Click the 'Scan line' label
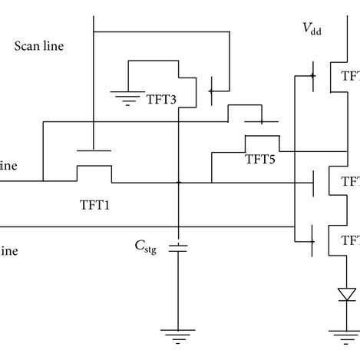coord(39,45)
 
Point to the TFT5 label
coord(260,160)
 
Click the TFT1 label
coord(97,205)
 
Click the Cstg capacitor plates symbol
coord(178,247)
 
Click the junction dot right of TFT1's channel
coord(178,183)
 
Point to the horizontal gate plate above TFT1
coord(92,150)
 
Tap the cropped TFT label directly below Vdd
coord(351,76)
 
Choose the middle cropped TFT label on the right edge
coord(351,182)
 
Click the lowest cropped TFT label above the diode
coord(351,240)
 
